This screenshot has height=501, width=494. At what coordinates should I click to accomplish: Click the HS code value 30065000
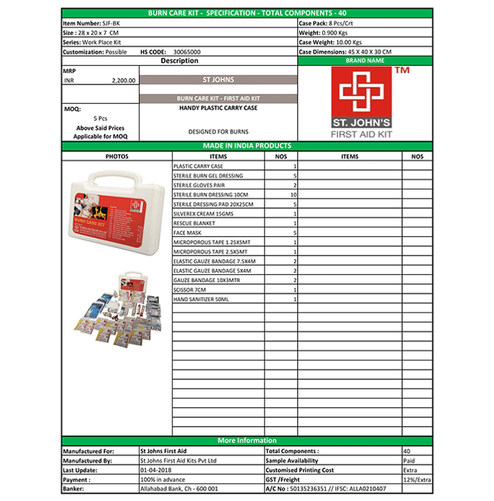pos(185,52)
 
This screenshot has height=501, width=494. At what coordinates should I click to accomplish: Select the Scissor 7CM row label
pos(189,289)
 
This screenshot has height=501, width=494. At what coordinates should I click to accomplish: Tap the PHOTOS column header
pos(117,156)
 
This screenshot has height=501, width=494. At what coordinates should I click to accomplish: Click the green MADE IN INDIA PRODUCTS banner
pos(247,146)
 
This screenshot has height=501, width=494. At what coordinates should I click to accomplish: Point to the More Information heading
pos(247,440)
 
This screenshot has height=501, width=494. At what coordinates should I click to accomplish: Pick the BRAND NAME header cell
pos(364,61)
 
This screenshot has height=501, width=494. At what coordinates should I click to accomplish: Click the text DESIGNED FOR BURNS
pos(218,132)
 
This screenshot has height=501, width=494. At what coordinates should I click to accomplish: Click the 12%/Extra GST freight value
pos(417,480)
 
